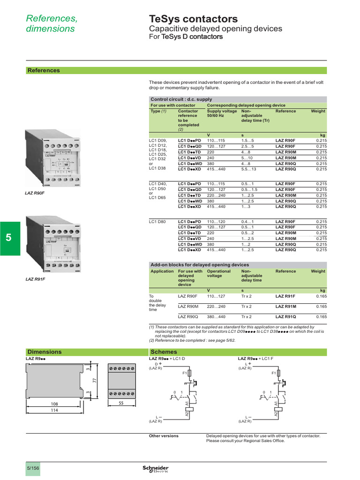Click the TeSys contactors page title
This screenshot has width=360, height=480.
point(193,19)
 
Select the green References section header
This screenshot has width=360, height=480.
point(44,70)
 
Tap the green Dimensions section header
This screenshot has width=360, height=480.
point(45,352)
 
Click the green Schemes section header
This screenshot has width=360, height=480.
point(164,352)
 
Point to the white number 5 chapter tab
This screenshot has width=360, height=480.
point(9,238)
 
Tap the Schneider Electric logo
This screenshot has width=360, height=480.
point(155,469)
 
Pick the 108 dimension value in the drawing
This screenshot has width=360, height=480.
point(55,403)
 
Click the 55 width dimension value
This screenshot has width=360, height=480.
point(120,403)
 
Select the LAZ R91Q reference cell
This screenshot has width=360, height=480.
point(285,317)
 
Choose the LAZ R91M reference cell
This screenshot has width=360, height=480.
point(285,307)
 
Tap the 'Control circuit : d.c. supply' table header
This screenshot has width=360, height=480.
point(181,99)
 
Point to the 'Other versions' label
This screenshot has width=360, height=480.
point(164,436)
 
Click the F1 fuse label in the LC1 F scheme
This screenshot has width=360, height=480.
point(273,374)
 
